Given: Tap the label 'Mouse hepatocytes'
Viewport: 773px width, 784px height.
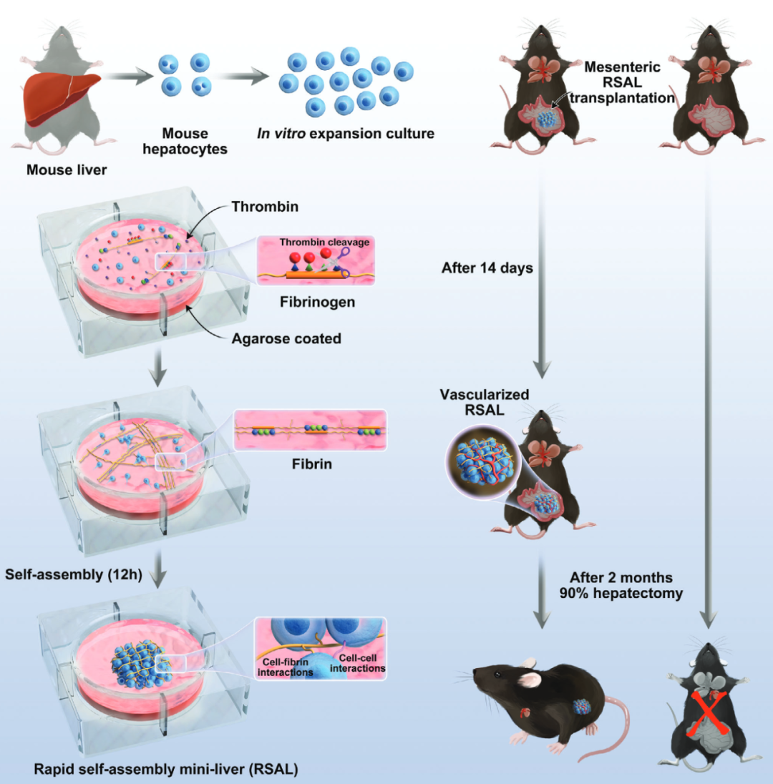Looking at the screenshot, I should (x=185, y=140).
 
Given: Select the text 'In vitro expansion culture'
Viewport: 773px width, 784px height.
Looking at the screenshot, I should (x=346, y=134).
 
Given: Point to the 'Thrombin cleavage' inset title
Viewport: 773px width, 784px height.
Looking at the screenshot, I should (x=324, y=242).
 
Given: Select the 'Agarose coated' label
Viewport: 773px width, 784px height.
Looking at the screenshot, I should (x=286, y=338).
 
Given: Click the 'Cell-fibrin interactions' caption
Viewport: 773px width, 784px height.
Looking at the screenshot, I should (x=286, y=667).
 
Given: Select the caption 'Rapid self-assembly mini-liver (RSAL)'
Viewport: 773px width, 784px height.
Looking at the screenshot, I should (x=165, y=770).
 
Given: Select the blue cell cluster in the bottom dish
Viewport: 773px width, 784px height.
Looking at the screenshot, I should (x=140, y=669).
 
